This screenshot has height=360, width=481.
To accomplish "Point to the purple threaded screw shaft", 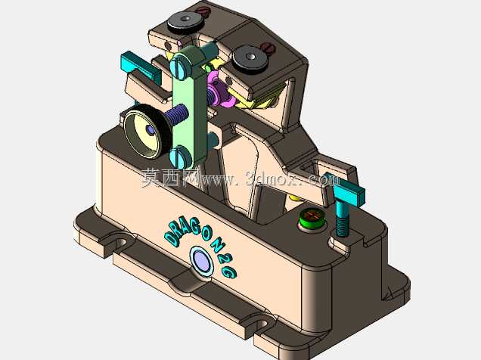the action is tap(176, 114).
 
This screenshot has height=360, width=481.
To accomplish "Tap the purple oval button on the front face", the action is tap(202, 261).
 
